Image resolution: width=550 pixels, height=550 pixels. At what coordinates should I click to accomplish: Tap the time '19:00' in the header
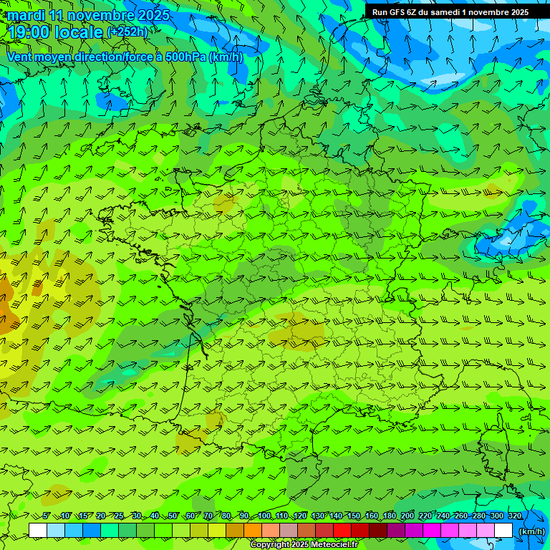pyautogui.click(x=29, y=32)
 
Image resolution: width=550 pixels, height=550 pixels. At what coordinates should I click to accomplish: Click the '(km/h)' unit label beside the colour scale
pyautogui.click(x=531, y=531)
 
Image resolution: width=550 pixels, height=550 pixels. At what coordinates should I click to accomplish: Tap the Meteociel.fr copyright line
pyautogui.click(x=304, y=544)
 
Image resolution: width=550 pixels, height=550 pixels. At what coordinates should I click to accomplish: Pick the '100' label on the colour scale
pyautogui.click(x=264, y=516)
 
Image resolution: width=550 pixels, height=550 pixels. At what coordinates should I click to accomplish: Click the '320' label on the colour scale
pyautogui.click(x=515, y=516)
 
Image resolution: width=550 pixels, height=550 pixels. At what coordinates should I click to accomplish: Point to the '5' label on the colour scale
pyautogui.click(x=47, y=516)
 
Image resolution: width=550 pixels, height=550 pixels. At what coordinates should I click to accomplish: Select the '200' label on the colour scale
pyautogui.click(x=407, y=516)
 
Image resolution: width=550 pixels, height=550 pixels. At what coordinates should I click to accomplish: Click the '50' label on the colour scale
pyautogui.click(x=173, y=516)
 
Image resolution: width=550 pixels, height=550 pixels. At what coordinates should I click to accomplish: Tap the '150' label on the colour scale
pyautogui.click(x=354, y=516)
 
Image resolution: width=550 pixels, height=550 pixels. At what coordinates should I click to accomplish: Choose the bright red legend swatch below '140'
pyautogui.click(x=342, y=531)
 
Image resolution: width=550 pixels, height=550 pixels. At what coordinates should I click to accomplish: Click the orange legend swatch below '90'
pyautogui.click(x=253, y=531)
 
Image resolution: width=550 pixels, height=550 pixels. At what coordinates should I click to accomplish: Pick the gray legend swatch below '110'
pyautogui.click(x=289, y=531)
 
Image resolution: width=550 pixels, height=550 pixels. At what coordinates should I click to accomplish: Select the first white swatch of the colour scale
pyautogui.click(x=38, y=531)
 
